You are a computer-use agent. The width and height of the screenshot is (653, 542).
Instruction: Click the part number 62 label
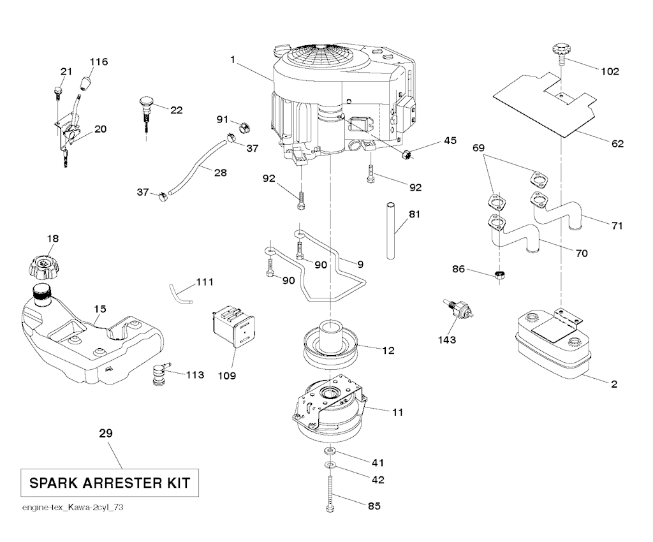(617, 143)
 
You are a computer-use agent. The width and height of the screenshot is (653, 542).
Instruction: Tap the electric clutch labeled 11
(330, 411)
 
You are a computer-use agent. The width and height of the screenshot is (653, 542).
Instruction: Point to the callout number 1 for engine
(233, 60)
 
